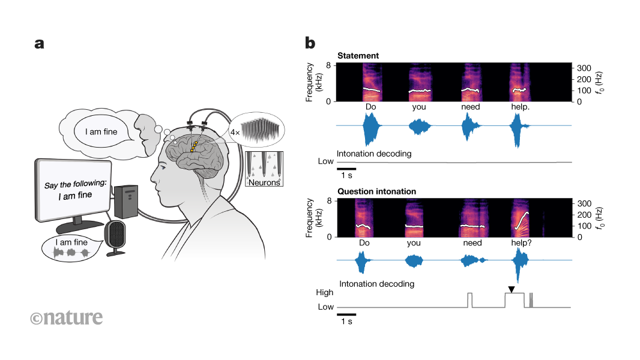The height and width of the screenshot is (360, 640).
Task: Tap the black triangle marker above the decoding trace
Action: point(510,290)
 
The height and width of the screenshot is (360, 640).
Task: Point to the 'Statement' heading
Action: point(358,56)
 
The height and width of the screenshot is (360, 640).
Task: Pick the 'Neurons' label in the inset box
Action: point(264,182)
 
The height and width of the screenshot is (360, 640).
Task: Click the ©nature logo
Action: point(66,317)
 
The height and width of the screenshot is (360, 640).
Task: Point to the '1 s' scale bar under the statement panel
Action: point(346,173)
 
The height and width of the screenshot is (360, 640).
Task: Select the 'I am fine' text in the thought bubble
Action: point(96,128)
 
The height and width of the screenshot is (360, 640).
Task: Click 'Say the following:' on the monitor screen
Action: point(75,184)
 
